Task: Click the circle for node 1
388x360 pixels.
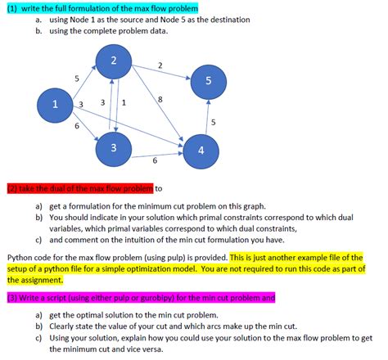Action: point(54,105)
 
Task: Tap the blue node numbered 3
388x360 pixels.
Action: point(113,147)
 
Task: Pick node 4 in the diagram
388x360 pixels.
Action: point(201,151)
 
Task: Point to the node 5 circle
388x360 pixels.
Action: point(208,81)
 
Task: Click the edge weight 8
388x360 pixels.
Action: point(160,99)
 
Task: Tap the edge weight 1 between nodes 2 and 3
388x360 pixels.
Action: point(123,103)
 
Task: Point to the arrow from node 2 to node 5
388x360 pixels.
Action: point(160,72)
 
